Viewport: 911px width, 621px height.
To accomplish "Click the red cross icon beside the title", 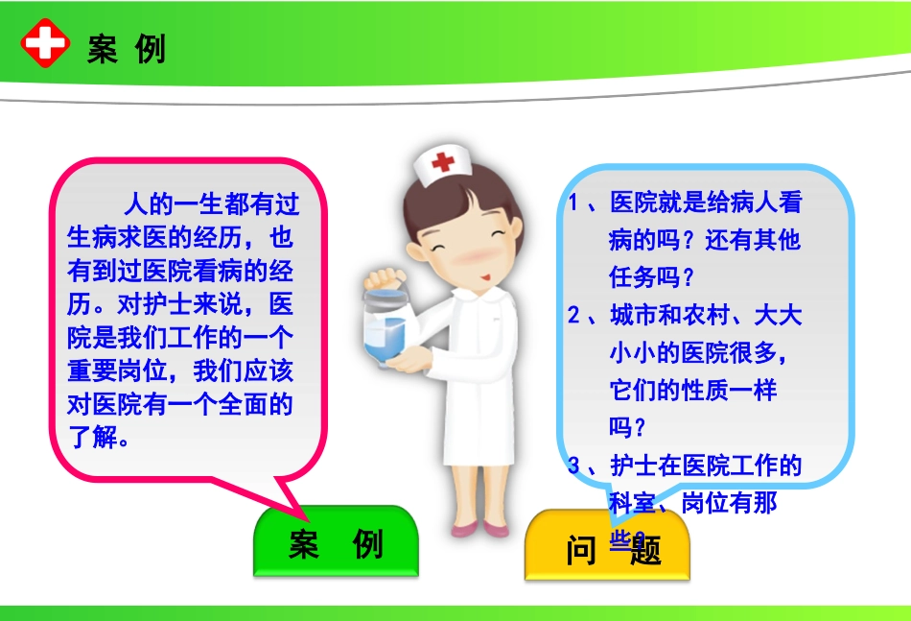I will pyautogui.click(x=45, y=45).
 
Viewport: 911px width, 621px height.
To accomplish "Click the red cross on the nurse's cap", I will pyautogui.click(x=442, y=161).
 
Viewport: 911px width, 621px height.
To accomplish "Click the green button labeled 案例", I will pyautogui.click(x=336, y=544).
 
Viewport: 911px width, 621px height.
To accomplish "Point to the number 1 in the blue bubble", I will pyautogui.click(x=573, y=203).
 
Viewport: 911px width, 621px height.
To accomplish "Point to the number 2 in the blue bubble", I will pyautogui.click(x=573, y=316).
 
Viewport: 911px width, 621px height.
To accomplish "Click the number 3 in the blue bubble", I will pyautogui.click(x=573, y=466).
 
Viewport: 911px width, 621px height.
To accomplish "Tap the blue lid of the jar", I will pyautogui.click(x=387, y=283).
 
